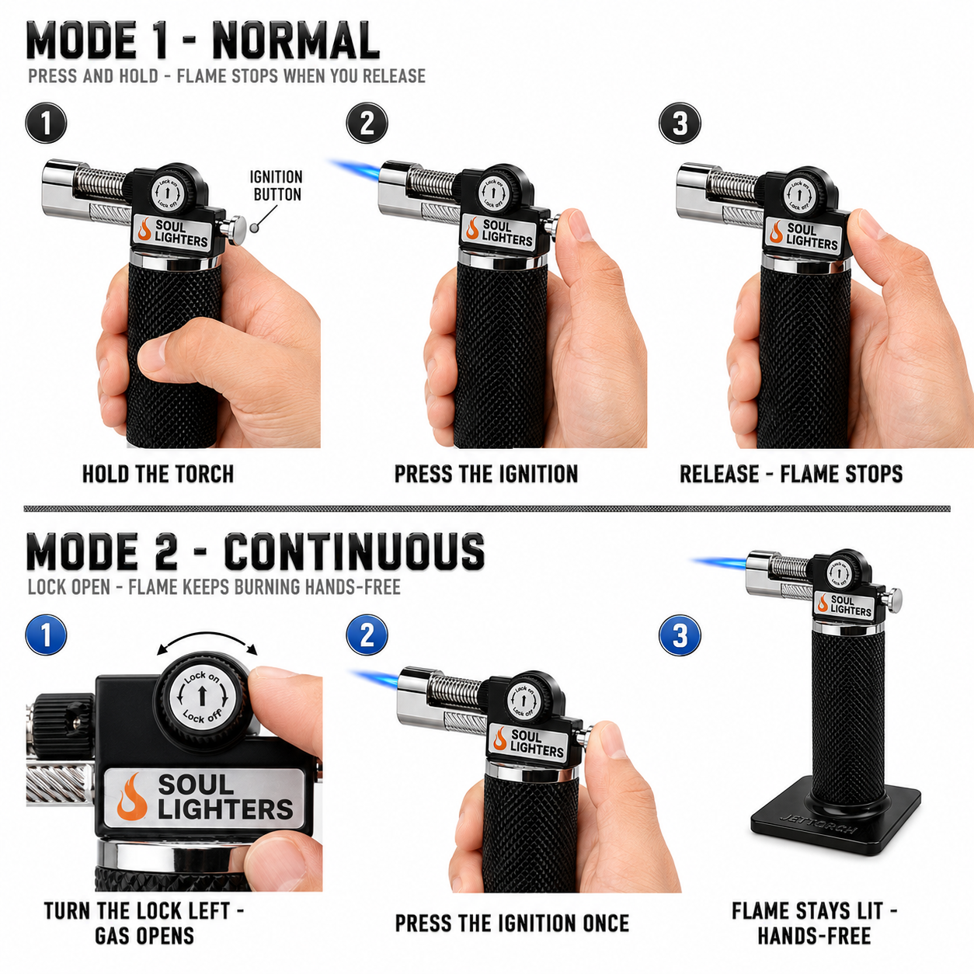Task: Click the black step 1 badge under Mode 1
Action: (x=46, y=123)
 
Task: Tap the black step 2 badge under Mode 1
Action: (x=367, y=123)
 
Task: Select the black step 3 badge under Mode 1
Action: (x=680, y=123)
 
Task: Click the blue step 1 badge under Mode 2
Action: (x=46, y=635)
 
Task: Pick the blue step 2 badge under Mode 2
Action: (x=367, y=635)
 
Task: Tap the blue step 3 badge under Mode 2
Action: (x=680, y=635)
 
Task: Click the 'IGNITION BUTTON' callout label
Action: (x=277, y=186)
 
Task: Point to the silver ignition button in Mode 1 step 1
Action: (x=234, y=230)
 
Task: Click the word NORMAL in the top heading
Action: (x=296, y=42)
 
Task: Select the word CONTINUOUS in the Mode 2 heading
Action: (x=354, y=551)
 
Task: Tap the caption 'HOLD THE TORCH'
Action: (x=158, y=474)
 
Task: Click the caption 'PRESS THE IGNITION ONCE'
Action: (x=512, y=924)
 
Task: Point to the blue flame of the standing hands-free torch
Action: (x=719, y=562)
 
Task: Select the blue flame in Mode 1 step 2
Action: (x=355, y=169)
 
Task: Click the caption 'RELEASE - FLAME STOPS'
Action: (x=791, y=474)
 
